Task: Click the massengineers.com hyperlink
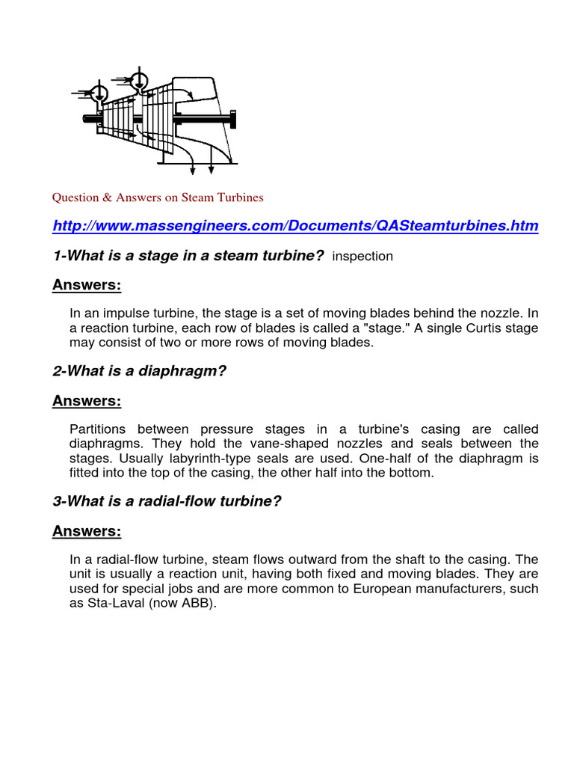(x=294, y=226)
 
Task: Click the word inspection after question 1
(x=362, y=257)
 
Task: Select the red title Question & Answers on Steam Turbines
(x=157, y=197)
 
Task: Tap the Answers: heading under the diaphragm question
(x=87, y=401)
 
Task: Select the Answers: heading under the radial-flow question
(x=87, y=531)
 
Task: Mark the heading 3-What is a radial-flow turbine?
(x=167, y=502)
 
